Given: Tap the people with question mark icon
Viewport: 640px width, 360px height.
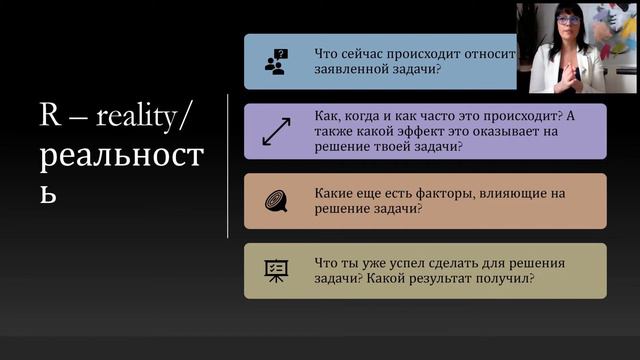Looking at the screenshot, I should coord(275,62).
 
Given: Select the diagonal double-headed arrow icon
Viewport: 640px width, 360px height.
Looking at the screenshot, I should coord(275,132).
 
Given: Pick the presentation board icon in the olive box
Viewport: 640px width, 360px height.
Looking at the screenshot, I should coord(275,270).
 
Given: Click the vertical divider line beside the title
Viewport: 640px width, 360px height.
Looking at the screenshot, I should coord(228,165).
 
